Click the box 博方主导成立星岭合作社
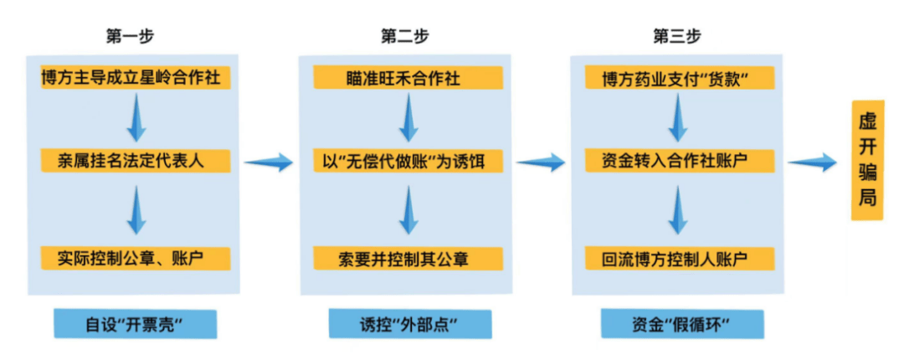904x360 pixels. pyautogui.click(x=135, y=79)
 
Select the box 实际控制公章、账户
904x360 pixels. pyautogui.click(x=135, y=257)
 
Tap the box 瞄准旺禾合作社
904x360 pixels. pyautogui.click(x=408, y=79)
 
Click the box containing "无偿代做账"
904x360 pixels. pyautogui.click(x=408, y=160)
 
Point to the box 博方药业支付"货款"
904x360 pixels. pyautogui.click(x=676, y=79)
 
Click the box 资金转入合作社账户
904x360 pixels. pyautogui.click(x=676, y=160)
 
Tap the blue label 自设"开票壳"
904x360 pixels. pyautogui.click(x=135, y=323)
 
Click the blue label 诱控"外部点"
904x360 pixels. pyautogui.click(x=408, y=323)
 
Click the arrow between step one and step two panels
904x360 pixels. pyautogui.click(x=269, y=162)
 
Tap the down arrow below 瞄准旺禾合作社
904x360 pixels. pyautogui.click(x=408, y=119)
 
